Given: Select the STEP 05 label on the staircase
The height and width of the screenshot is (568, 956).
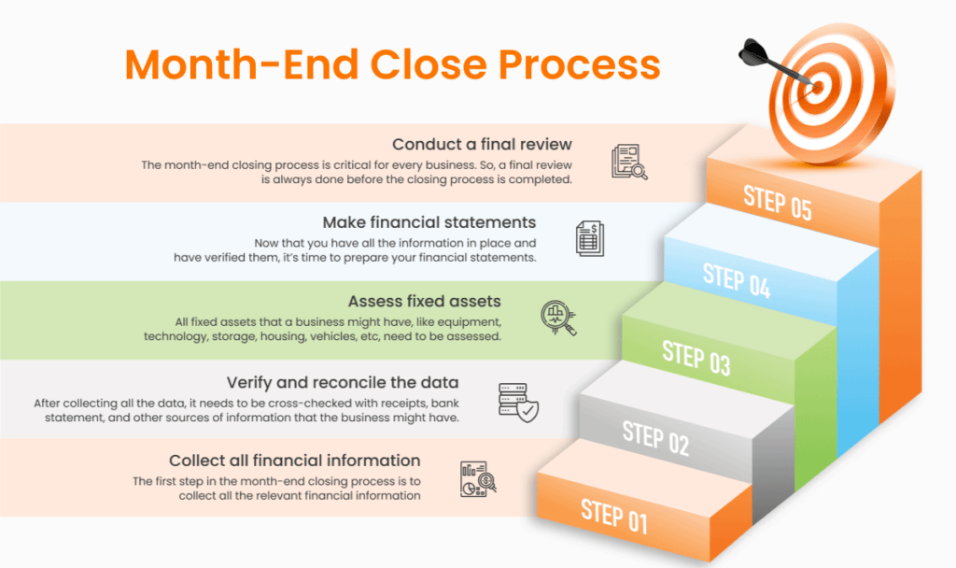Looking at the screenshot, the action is [x=777, y=201].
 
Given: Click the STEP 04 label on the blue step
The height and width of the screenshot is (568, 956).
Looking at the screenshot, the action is [x=737, y=280].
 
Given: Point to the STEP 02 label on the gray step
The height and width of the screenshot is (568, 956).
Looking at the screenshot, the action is [x=655, y=437].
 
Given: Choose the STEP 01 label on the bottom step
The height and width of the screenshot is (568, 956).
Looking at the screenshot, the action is [x=613, y=515].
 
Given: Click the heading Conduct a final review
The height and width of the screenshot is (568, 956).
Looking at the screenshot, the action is [x=482, y=145].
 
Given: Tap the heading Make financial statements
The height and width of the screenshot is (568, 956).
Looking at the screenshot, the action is [x=429, y=222].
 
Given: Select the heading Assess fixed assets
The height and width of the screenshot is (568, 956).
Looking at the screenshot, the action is [x=424, y=301].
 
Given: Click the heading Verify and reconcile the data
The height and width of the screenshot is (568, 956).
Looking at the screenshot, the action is [x=343, y=383].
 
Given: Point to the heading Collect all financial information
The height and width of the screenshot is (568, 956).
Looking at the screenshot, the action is [x=294, y=461].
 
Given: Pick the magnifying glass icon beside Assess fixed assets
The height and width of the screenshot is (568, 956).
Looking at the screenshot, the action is [x=558, y=318].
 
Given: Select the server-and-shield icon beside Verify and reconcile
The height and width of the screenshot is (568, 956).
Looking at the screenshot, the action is [x=518, y=401].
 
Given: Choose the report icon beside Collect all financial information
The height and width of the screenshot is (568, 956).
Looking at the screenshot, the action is [x=478, y=477].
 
